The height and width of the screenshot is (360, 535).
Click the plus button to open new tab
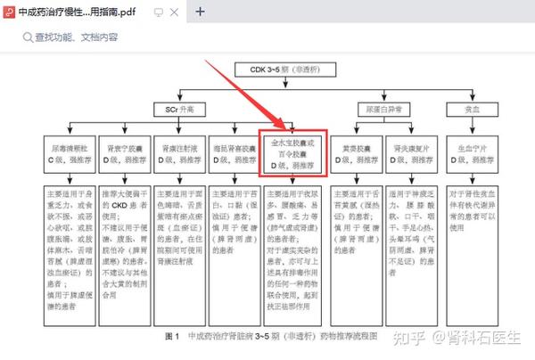point(201,12)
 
